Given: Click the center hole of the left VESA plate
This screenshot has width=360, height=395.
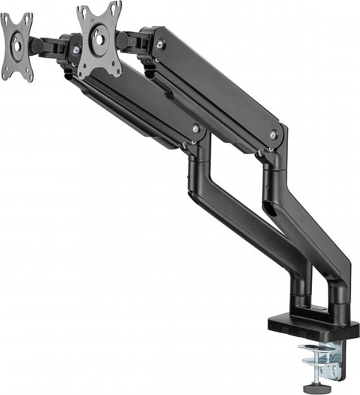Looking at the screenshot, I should (16, 46).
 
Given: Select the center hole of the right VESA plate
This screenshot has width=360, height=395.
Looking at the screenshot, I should (99, 39).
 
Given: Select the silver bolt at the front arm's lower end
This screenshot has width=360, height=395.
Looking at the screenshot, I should (195, 129).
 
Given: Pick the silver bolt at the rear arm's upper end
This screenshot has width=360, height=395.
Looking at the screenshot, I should (159, 44).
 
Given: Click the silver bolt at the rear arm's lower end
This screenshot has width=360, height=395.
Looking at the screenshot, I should (273, 135).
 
